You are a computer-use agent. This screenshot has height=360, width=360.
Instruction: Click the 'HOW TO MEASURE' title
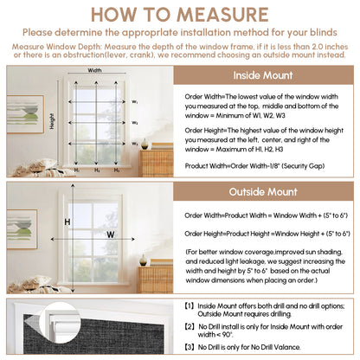180,15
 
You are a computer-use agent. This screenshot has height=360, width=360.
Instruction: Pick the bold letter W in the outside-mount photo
111,234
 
